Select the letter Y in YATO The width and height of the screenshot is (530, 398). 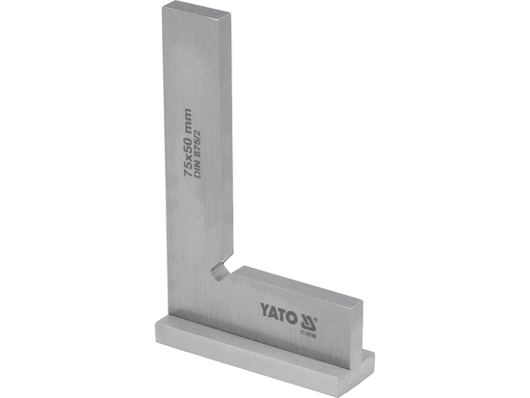click(x=262, y=310)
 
